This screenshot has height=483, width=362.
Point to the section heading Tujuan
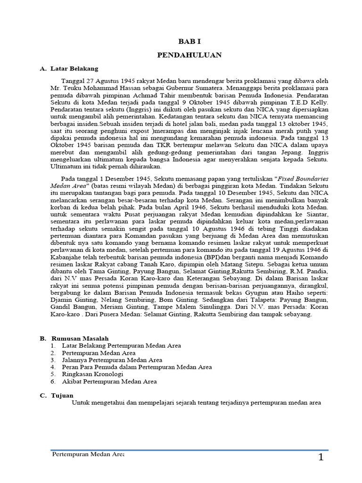[x=62, y=395]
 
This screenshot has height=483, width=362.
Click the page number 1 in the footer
[x=321, y=458]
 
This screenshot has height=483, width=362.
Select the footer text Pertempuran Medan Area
[x=87, y=454]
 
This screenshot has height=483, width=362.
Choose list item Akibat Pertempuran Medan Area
[x=109, y=381]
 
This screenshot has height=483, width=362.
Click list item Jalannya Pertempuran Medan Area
[x=113, y=360]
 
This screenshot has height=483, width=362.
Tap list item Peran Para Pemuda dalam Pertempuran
[x=137, y=367]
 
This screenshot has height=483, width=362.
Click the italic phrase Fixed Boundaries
[x=304, y=179]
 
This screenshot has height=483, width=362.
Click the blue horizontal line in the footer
[x=189, y=450]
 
